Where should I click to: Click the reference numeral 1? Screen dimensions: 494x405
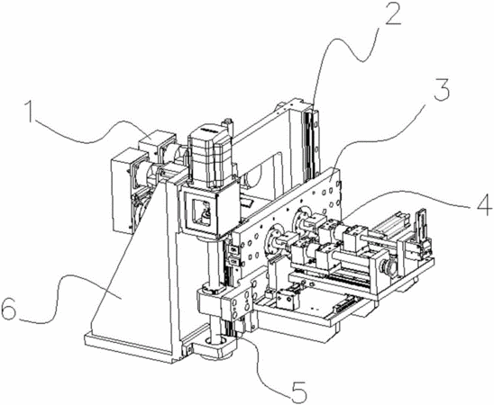click(31, 112)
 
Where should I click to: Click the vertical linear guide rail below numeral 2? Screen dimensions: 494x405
click(310, 141)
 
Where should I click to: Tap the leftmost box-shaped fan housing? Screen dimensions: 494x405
click(123, 192)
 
